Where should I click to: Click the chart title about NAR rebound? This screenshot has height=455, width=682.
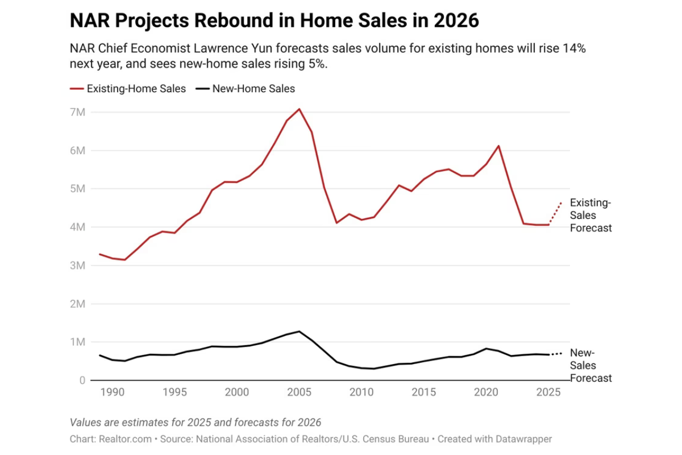tap(274, 20)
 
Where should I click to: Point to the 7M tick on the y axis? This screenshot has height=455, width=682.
tap(78, 112)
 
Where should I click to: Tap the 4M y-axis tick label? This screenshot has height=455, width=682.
tap(78, 227)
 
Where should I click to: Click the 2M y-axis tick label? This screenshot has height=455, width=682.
tap(78, 304)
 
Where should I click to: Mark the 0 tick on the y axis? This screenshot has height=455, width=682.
tap(82, 380)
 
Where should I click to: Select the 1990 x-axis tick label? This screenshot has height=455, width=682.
tap(111, 392)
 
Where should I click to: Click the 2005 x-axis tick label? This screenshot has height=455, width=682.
tap(298, 392)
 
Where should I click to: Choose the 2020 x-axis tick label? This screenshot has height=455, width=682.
tap(486, 392)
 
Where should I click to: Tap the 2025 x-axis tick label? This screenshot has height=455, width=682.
tap(548, 392)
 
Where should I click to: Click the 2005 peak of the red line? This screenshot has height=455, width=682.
tap(299, 109)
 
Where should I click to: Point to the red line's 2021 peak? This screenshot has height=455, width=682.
tap(498, 146)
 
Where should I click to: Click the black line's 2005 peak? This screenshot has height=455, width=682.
tap(299, 331)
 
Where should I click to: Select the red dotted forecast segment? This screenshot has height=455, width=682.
tap(555, 213)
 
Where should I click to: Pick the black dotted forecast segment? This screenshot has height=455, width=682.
tap(555, 354)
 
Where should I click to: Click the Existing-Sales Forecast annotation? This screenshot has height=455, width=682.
tap(590, 216)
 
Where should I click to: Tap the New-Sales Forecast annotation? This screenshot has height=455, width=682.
tap(590, 365)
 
